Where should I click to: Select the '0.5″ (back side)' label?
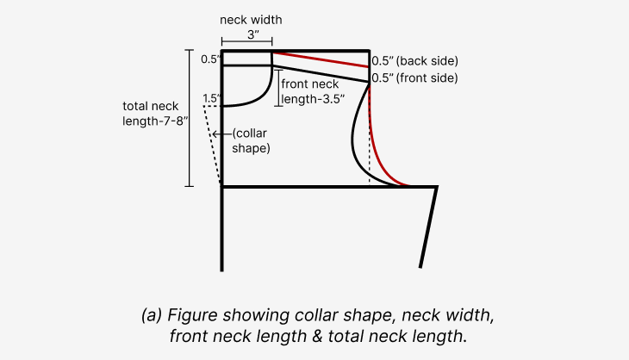[414, 61]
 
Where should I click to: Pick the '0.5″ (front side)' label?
[414, 78]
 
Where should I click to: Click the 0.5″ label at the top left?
[210, 59]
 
